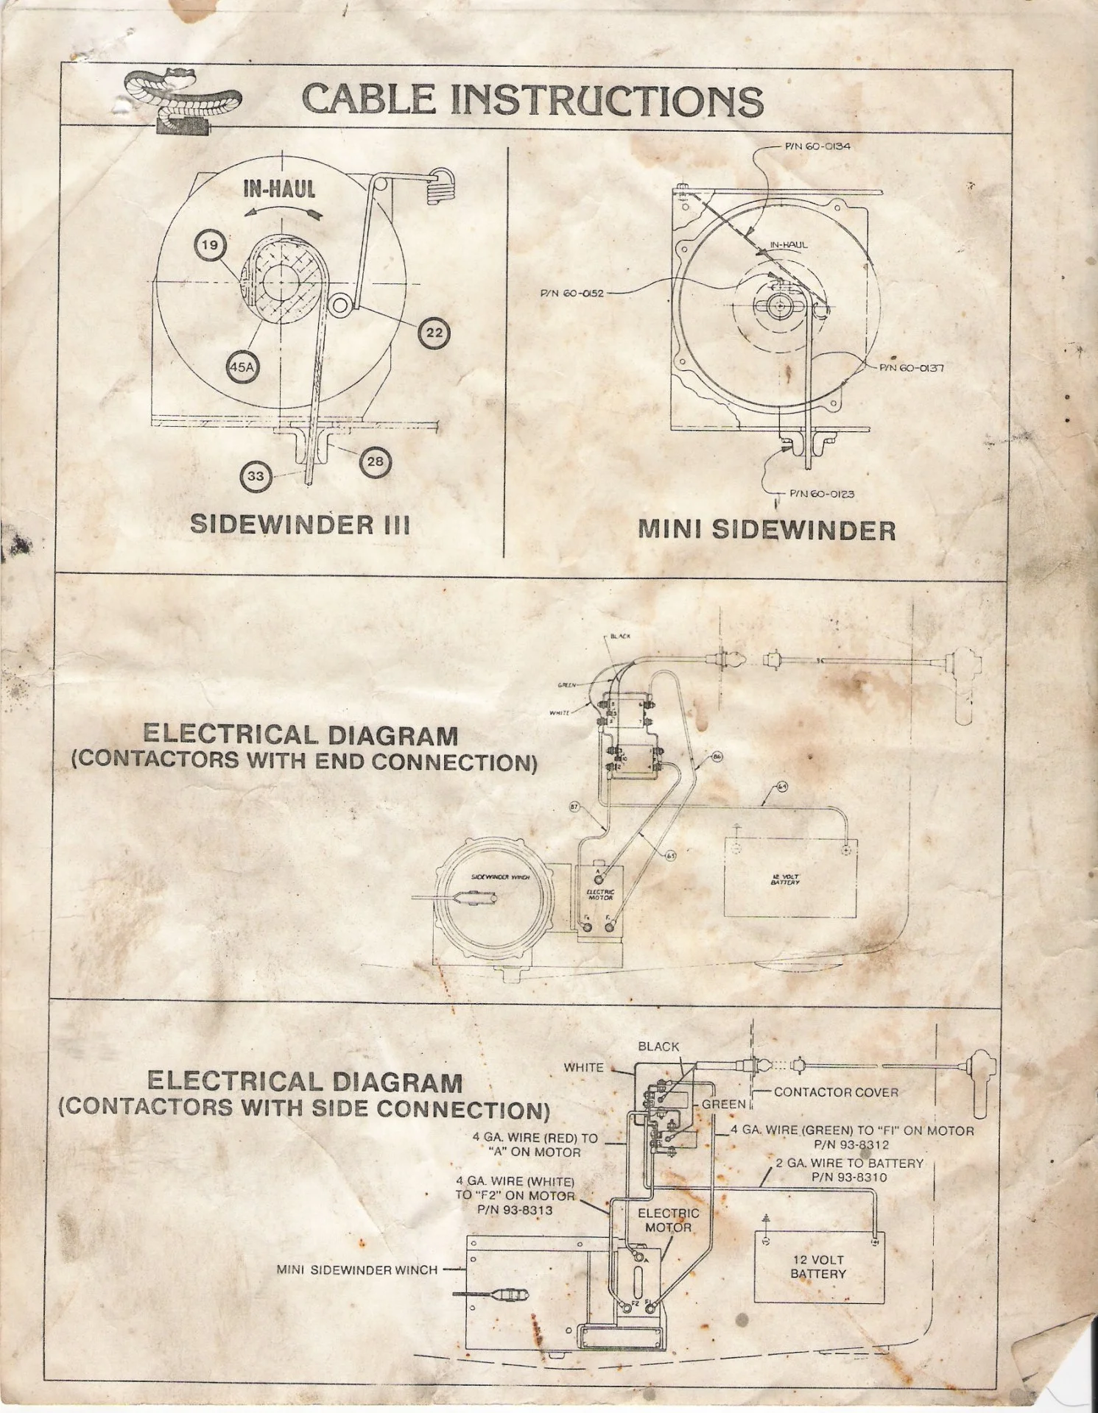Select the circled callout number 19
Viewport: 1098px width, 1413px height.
[211, 245]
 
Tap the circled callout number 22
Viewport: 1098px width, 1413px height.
[435, 333]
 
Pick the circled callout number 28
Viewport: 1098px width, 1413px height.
[376, 461]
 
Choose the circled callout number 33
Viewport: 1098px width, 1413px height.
[256, 476]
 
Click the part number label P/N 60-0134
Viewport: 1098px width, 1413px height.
[817, 146]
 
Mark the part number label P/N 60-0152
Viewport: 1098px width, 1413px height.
[572, 294]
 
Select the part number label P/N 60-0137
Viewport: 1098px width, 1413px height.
[911, 368]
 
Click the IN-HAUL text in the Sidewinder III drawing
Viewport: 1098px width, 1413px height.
[280, 189]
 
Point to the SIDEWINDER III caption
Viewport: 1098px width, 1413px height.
[300, 524]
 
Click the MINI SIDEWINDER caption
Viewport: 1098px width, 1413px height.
[766, 530]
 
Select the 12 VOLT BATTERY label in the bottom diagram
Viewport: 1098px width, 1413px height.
[818, 1267]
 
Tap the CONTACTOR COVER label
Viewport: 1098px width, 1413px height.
[836, 1092]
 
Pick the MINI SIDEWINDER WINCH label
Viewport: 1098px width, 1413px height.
[357, 1269]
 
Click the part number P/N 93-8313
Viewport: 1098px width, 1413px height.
[515, 1209]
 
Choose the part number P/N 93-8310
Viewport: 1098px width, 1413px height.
[849, 1177]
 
